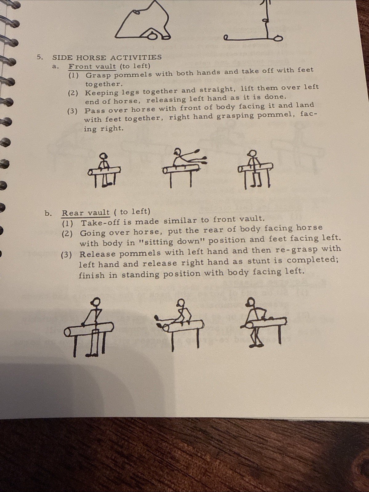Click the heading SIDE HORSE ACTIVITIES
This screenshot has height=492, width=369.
click(107, 57)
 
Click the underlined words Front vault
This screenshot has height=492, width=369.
click(92, 66)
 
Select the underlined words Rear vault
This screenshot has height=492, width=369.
click(86, 213)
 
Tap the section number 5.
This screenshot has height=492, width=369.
click(39, 57)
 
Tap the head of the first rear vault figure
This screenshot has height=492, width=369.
click(96, 302)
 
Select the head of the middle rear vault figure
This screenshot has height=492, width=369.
click(180, 303)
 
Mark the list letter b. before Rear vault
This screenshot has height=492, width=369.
click(48, 213)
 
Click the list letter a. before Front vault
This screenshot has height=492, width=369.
click(55, 66)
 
